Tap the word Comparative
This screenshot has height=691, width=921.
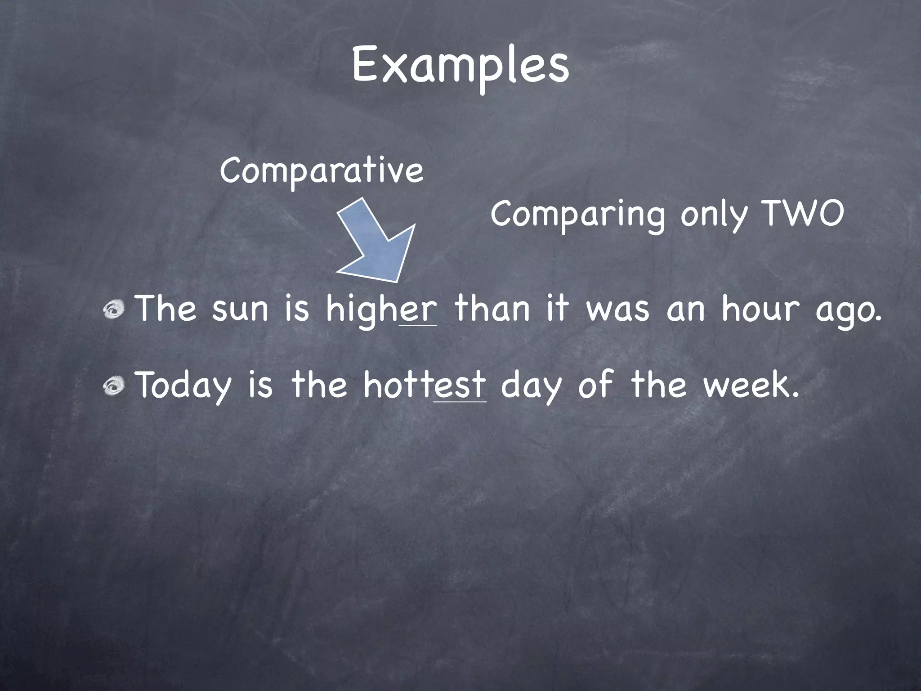pos(322,171)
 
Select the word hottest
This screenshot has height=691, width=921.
pos(425,386)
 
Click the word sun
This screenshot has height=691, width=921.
pos(240,310)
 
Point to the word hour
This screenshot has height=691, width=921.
pos(760,310)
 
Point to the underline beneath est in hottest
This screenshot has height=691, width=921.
pos(460,402)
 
